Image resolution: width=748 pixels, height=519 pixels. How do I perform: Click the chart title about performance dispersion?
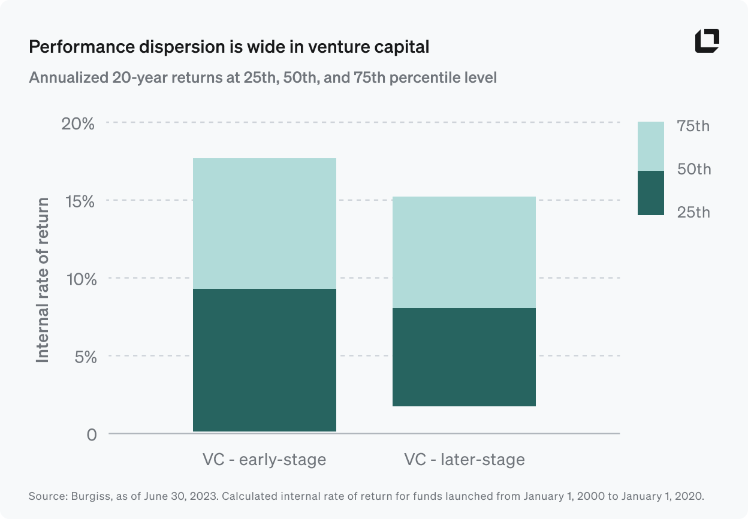229,47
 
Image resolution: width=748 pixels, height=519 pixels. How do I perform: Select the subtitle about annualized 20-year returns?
263,78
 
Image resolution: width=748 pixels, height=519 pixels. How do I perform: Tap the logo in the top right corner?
707,41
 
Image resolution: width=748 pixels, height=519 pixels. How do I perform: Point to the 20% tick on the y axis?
79,124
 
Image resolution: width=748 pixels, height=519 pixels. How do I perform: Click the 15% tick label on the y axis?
79,201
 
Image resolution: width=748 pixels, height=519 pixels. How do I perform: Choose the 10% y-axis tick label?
79,279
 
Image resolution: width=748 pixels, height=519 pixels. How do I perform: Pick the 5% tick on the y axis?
83,357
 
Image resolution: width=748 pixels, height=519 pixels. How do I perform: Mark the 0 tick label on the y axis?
91,434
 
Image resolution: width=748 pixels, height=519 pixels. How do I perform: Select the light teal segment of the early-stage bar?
264,224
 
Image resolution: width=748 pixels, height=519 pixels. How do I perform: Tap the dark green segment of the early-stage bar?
264,360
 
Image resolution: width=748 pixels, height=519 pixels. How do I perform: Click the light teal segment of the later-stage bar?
463,252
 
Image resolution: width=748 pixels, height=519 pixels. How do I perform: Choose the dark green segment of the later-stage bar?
463,357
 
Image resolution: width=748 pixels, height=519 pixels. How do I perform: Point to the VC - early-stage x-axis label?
264,460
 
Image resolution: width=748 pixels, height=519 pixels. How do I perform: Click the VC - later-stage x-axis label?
464,460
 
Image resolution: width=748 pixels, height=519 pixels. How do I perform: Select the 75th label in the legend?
693,126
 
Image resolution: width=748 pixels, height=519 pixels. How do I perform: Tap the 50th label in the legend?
693,170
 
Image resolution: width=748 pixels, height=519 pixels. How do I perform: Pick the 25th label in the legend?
693,212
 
